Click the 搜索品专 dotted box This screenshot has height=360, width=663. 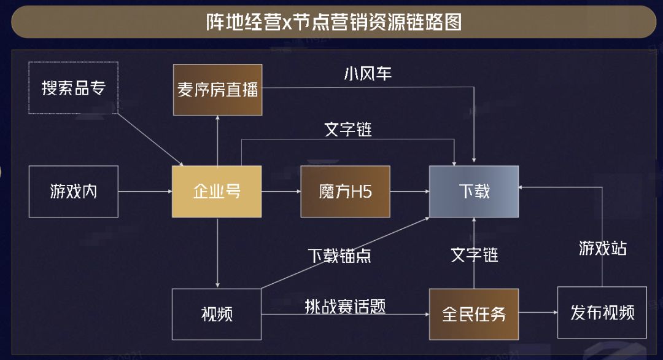pyautogui.click(x=74, y=87)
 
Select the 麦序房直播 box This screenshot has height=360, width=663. pyautogui.click(x=218, y=90)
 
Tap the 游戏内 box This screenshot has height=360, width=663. pyautogui.click(x=74, y=191)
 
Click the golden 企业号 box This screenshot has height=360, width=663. pyautogui.click(x=217, y=191)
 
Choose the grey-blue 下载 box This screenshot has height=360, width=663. pyautogui.click(x=474, y=191)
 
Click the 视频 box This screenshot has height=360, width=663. pyautogui.click(x=217, y=314)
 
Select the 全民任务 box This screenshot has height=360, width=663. pyautogui.click(x=474, y=314)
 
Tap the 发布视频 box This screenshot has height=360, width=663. pyautogui.click(x=602, y=312)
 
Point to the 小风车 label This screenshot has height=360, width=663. pyautogui.click(x=368, y=74)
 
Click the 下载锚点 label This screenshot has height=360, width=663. pyautogui.click(x=339, y=255)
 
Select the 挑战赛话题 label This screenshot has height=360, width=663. pyautogui.click(x=346, y=307)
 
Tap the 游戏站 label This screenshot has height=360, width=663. pyautogui.click(x=603, y=248)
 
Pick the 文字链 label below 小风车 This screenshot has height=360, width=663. pyautogui.click(x=348, y=130)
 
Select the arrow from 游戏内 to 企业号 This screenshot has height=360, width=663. pyautogui.click(x=145, y=192)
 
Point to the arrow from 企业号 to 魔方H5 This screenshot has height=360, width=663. pyautogui.click(x=281, y=192)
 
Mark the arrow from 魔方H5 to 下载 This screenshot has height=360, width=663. pyautogui.click(x=409, y=192)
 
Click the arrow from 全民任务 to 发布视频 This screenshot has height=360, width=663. pyautogui.click(x=538, y=314)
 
